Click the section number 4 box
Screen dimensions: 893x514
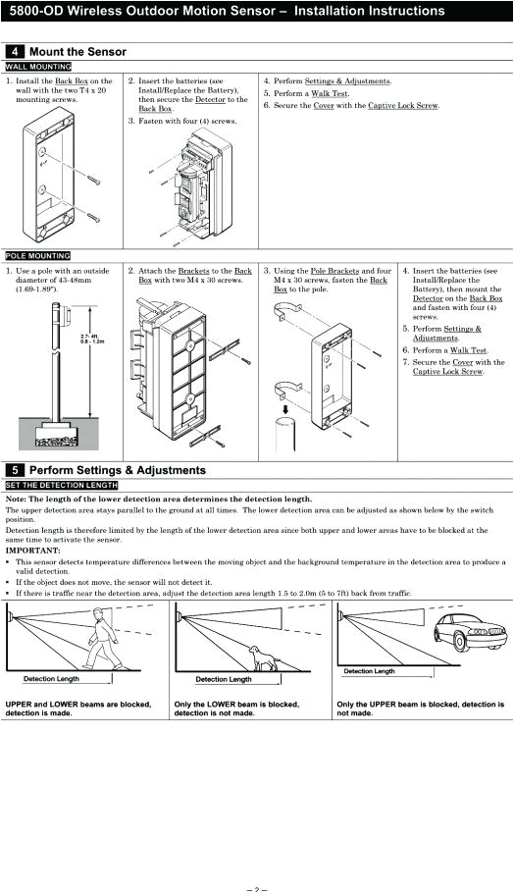coord(15,51)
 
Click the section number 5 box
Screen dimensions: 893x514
coord(15,470)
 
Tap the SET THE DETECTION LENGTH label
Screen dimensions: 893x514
coord(62,485)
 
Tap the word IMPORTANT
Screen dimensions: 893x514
coord(32,551)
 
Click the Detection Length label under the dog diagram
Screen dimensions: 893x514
coord(223,679)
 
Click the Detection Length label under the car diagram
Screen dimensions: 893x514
coord(369,671)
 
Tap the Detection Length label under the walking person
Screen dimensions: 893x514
coord(52,679)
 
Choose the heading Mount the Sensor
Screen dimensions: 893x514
coord(77,51)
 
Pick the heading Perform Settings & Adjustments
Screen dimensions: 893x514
coord(118,470)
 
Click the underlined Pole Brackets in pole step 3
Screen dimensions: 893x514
coord(333,270)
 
